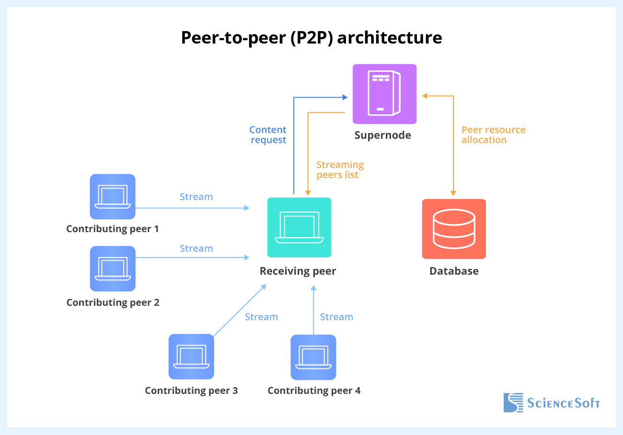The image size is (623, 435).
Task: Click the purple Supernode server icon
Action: [384, 94]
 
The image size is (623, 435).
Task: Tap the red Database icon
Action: [454, 229]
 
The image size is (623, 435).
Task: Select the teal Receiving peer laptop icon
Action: [299, 227]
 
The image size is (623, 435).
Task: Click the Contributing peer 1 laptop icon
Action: [113, 197]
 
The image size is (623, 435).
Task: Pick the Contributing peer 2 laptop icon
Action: [113, 268]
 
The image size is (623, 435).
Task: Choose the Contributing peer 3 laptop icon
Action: [191, 357]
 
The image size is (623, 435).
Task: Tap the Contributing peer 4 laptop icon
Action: [313, 357]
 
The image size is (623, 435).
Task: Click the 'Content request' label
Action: [268, 135]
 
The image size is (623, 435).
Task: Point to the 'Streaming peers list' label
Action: [340, 170]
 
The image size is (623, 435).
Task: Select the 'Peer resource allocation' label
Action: [493, 135]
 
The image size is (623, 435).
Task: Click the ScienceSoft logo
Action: [551, 402]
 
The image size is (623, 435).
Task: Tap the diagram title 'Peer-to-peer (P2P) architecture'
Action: [311, 38]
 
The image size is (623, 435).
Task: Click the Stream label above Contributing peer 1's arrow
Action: [196, 197]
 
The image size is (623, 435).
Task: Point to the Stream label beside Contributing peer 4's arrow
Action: [336, 317]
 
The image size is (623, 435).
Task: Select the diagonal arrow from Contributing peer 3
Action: [240, 310]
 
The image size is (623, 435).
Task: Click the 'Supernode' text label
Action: [382, 135]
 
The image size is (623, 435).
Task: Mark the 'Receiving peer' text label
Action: [298, 271]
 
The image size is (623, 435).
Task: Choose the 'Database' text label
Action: [454, 271]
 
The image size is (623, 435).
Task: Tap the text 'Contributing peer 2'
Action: [113, 302]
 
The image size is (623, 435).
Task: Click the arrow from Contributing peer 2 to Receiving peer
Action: [192, 257]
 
